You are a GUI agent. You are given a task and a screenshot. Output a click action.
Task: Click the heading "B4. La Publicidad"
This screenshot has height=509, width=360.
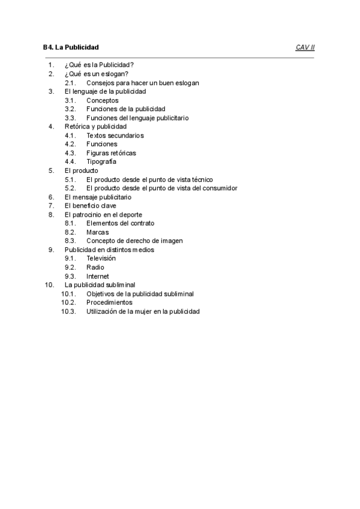(71, 47)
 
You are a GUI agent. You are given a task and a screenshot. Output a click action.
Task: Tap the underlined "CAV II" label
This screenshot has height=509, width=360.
(305, 47)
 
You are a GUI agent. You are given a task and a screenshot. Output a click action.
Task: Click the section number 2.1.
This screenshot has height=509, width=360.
(70, 83)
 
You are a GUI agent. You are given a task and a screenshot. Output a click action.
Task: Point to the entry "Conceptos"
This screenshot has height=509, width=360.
(103, 100)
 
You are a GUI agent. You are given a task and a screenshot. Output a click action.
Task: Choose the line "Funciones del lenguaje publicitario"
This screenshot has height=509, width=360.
(137, 118)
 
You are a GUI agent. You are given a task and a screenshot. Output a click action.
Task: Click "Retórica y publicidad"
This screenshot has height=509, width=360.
(95, 127)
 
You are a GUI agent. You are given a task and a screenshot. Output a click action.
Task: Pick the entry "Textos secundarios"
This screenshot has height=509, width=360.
(115, 136)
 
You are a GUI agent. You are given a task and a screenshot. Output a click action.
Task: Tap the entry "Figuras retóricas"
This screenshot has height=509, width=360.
(111, 153)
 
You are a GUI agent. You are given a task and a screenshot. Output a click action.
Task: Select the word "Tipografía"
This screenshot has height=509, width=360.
(101, 161)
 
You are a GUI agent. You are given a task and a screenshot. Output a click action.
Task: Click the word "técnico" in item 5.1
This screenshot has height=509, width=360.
(200, 179)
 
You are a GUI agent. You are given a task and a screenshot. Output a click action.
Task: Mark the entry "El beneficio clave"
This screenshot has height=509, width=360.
(91, 205)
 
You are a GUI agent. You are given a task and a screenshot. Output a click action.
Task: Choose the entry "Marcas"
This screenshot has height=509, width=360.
(98, 232)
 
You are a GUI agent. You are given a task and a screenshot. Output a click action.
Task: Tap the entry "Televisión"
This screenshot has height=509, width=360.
(101, 258)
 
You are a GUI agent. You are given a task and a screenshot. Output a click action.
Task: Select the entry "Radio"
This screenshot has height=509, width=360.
(95, 267)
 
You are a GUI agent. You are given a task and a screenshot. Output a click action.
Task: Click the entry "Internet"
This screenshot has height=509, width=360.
(98, 276)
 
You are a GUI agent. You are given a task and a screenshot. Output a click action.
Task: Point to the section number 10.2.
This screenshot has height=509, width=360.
(68, 303)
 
